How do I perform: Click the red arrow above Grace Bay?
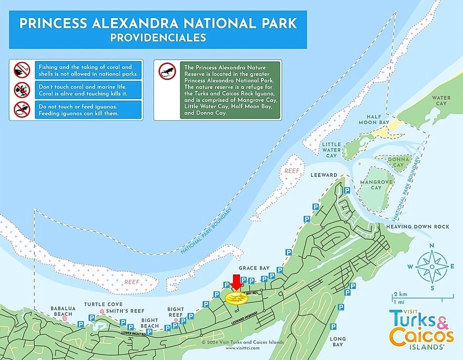(235, 282)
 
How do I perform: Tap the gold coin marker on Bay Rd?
(236, 298)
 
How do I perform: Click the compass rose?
(432, 266)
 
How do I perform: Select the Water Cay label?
(440, 100)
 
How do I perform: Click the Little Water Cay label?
(331, 149)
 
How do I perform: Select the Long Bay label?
(337, 342)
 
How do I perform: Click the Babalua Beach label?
(63, 311)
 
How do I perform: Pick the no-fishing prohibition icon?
(21, 69)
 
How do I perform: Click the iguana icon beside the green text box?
(167, 71)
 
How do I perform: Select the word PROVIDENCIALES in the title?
(158, 37)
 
